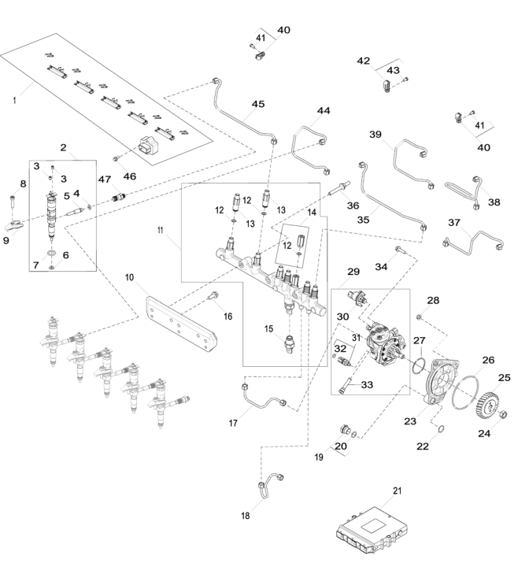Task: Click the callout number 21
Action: [398, 491]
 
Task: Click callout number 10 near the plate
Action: [130, 277]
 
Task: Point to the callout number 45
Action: [258, 104]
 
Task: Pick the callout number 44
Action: [324, 112]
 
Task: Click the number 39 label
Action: [376, 135]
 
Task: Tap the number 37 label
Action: [454, 222]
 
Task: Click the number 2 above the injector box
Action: [62, 147]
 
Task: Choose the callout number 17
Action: [233, 423]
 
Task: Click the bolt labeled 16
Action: [213, 298]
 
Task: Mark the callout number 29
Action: [353, 272]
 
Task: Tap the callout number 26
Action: [488, 360]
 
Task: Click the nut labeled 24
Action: [504, 414]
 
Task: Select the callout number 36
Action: [353, 206]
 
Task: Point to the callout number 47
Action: [104, 179]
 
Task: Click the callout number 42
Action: [364, 61]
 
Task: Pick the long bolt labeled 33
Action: [346, 387]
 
